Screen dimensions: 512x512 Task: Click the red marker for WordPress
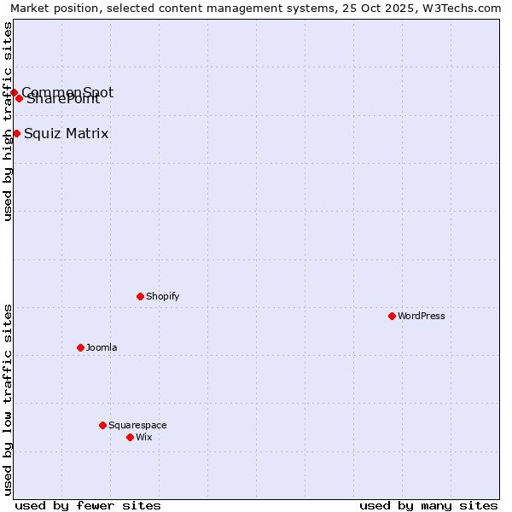coord(392,316)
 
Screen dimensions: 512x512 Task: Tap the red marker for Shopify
coord(140,296)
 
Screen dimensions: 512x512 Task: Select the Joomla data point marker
coord(80,347)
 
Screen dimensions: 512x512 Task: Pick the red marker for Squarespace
coord(102,425)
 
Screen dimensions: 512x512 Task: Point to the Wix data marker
coord(130,437)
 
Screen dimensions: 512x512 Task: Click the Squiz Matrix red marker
coord(16,133)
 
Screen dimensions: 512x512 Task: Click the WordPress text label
coord(422,317)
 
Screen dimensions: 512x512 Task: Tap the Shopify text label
coord(162,297)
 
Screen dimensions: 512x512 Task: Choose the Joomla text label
coord(102,348)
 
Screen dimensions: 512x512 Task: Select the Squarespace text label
coord(137,426)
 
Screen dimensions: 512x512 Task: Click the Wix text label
coord(144,438)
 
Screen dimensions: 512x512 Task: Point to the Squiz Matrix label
coord(67,134)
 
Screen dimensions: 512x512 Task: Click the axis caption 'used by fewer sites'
coord(88,505)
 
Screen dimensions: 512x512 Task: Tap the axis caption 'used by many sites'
coord(428,505)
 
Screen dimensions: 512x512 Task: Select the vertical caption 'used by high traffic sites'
coord(8,121)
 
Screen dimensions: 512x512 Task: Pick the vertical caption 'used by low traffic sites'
coord(8,399)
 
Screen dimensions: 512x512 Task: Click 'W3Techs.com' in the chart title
coord(466,8)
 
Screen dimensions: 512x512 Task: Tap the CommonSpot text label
coord(67,92)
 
